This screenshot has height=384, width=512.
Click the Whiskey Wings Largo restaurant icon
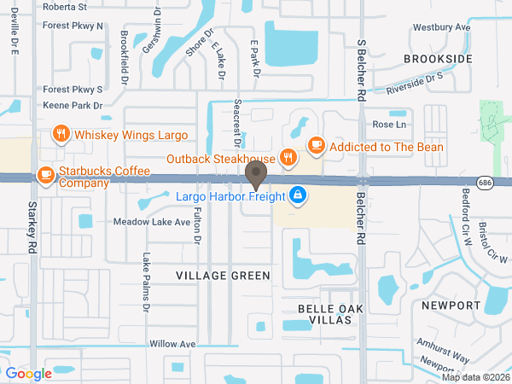point(61,134)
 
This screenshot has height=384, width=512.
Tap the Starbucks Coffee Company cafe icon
point(45,175)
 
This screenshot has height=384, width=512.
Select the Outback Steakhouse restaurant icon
point(289,158)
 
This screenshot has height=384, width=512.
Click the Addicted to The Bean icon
point(315,145)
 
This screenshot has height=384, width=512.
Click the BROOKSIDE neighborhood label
point(438,59)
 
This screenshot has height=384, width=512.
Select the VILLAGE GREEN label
point(223,276)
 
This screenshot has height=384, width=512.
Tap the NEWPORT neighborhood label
point(451,305)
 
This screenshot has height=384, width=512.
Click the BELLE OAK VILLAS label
point(325,313)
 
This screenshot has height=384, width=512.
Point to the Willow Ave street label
point(172,344)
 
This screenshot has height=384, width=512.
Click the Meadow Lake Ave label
point(152,222)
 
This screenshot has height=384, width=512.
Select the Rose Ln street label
point(387,124)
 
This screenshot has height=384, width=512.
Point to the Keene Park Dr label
point(73,107)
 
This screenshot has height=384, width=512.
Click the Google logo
point(28,373)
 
